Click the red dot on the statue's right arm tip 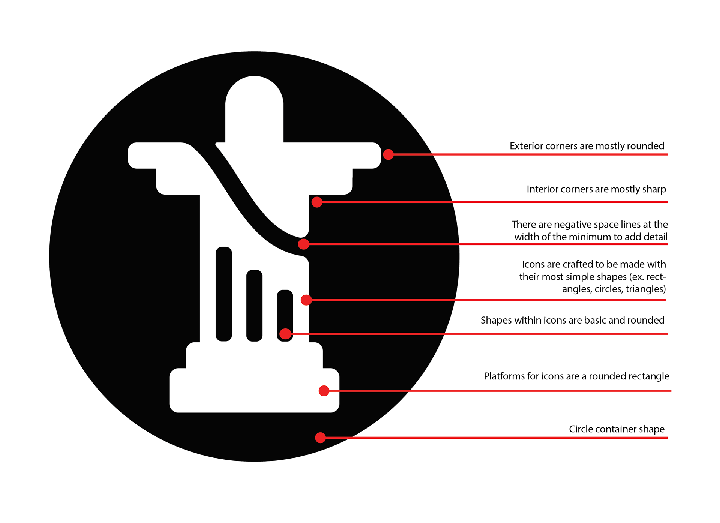click(x=388, y=154)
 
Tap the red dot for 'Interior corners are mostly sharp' click(x=317, y=202)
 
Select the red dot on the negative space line click(x=304, y=244)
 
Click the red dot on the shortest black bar click(x=286, y=334)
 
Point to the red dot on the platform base click(x=324, y=391)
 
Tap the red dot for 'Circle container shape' click(x=320, y=438)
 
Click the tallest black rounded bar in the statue click(x=224, y=294)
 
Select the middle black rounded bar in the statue click(x=254, y=306)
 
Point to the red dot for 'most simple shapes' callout click(x=306, y=300)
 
